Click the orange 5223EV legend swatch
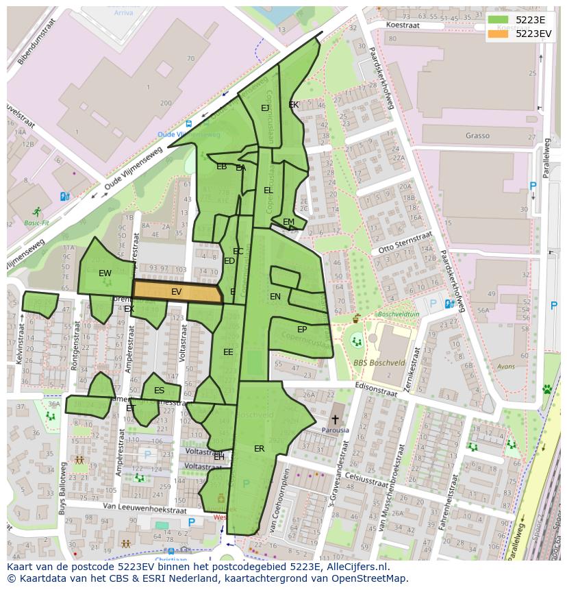pyautogui.click(x=498, y=33)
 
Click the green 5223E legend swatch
pyautogui.click(x=498, y=20)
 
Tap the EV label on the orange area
pyautogui.click(x=177, y=292)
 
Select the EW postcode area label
pyautogui.click(x=105, y=273)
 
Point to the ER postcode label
pyautogui.click(x=259, y=449)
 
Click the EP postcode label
pyautogui.click(x=302, y=330)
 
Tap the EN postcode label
pyautogui.click(x=275, y=297)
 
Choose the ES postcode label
pyautogui.click(x=159, y=391)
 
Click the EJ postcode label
pyautogui.click(x=265, y=108)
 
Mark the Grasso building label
pyautogui.click(x=477, y=136)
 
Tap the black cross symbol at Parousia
pyautogui.click(x=336, y=419)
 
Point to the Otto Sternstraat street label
pyautogui.click(x=405, y=243)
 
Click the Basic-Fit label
pyautogui.click(x=36, y=223)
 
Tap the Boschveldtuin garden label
pyautogui.click(x=398, y=314)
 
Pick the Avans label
pyautogui.click(x=506, y=367)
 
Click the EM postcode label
pyautogui.click(x=288, y=221)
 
